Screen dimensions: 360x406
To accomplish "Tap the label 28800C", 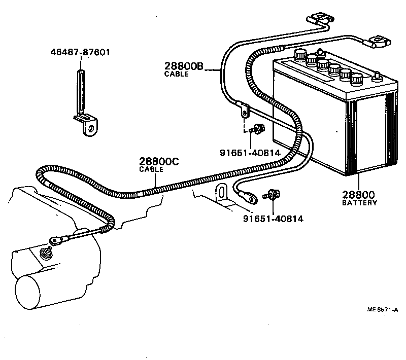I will click(159, 162).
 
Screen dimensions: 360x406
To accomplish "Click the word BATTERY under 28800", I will click(359, 203).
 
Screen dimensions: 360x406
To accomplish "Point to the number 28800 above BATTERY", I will click(358, 195).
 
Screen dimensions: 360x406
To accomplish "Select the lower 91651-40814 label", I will click(273, 219).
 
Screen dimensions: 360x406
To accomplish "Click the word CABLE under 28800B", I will click(176, 74).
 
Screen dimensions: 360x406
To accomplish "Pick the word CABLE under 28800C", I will click(151, 170).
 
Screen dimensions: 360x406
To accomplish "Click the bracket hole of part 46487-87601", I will click(91, 128).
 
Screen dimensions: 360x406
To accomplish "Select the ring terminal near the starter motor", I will click(54, 240).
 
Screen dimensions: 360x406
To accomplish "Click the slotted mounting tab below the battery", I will click(222, 194).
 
